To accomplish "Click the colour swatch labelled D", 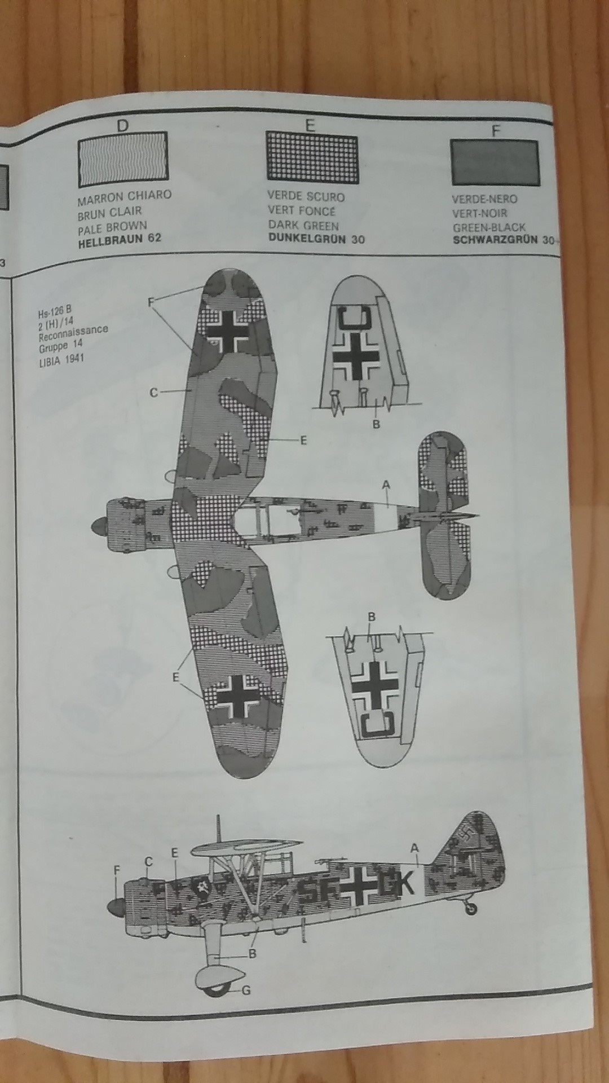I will (123, 160).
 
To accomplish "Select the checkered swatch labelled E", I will (312, 159).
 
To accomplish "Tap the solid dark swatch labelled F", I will (495, 162).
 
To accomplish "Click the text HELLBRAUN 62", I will (119, 239).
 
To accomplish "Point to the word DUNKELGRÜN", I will (308, 239).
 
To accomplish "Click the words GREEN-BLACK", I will (488, 227).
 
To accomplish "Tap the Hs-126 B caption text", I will (55, 314).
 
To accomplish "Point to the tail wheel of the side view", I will (471, 909).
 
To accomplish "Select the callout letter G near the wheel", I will (246, 990).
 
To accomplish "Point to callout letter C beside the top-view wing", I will (154, 393).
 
